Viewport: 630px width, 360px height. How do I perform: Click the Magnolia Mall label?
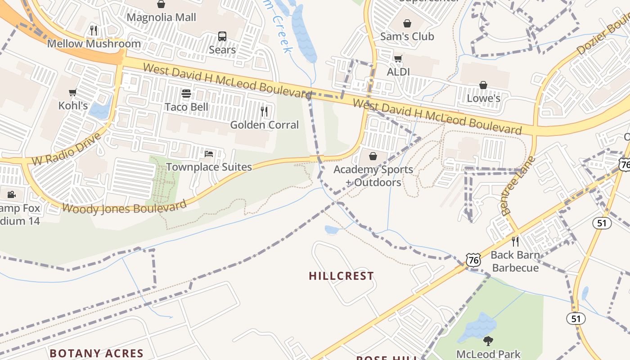tap(162, 18)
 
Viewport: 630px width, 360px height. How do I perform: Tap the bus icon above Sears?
tap(222, 36)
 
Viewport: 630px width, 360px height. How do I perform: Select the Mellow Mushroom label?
tap(94, 44)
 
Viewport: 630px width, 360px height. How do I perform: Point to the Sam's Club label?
tap(407, 36)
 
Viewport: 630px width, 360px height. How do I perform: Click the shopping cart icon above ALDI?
tap(398, 59)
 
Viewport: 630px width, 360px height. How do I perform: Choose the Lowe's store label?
tap(484, 98)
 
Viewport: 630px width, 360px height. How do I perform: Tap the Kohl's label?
tap(73, 106)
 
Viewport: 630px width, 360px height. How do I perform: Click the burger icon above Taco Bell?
tap(186, 94)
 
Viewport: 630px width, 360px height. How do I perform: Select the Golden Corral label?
tap(265, 125)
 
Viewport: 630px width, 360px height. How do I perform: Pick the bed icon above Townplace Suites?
tap(209, 154)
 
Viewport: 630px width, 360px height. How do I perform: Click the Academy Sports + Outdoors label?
tap(373, 176)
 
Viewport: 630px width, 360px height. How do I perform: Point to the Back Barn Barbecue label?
tap(515, 261)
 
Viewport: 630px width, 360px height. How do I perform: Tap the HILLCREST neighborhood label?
tap(342, 276)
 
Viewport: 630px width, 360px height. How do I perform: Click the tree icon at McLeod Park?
tap(488, 341)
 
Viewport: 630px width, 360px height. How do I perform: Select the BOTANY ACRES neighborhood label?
tap(96, 353)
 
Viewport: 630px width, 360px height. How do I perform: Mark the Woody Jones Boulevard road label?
tap(124, 207)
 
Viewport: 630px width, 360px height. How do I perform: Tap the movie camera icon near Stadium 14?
tap(12, 195)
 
